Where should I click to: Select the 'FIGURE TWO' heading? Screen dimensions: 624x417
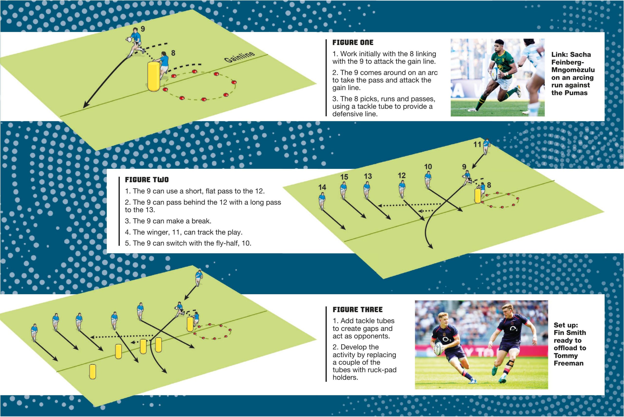(147, 180)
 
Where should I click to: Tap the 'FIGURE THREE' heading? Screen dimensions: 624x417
(357, 310)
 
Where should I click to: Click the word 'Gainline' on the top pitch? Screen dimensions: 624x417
(239, 56)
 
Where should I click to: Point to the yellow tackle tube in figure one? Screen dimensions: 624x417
(154, 76)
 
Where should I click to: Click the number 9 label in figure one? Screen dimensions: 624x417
(143, 29)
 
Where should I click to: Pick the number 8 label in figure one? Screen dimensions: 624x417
(173, 53)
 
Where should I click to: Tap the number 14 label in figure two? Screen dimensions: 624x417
(322, 187)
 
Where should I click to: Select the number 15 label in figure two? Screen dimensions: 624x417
(344, 177)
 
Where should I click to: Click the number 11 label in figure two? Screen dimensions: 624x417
(477, 144)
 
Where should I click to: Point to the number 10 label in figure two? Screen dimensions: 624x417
(428, 167)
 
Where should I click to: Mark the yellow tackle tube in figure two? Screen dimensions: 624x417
(478, 196)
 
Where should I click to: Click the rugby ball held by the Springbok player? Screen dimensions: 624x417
(496, 72)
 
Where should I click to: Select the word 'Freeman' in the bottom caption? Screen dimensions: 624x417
(568, 363)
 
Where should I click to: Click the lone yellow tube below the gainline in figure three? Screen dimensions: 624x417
(92, 371)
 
